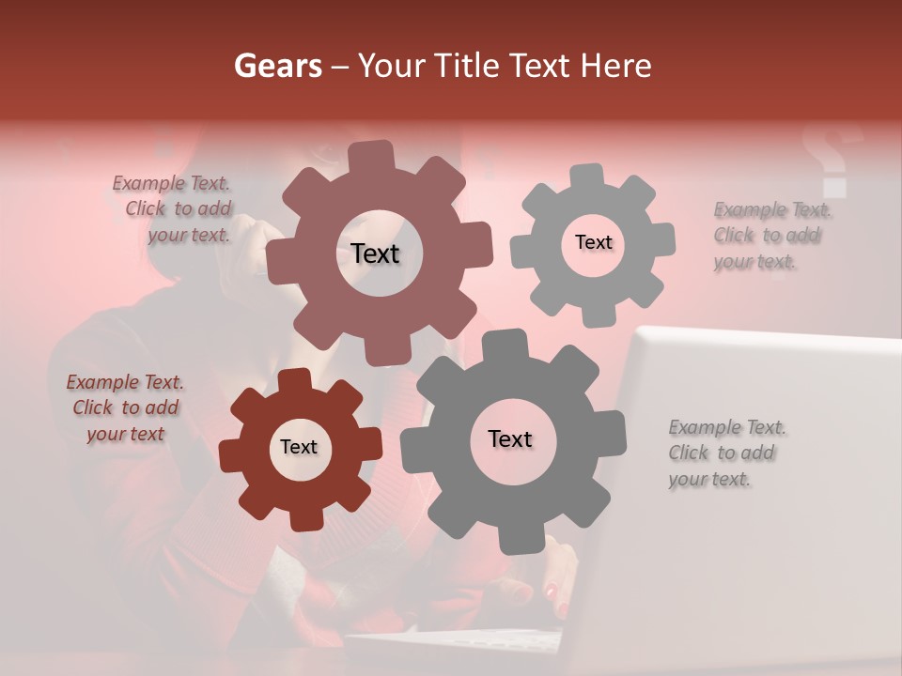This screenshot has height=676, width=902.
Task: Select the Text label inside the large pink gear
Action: coord(376,253)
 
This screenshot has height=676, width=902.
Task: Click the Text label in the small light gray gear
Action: coord(593,242)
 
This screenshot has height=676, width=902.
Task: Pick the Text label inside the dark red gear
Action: coord(299,448)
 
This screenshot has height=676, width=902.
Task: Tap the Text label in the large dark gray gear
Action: coord(510,439)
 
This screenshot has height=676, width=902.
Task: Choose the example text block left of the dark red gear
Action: coord(125,407)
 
